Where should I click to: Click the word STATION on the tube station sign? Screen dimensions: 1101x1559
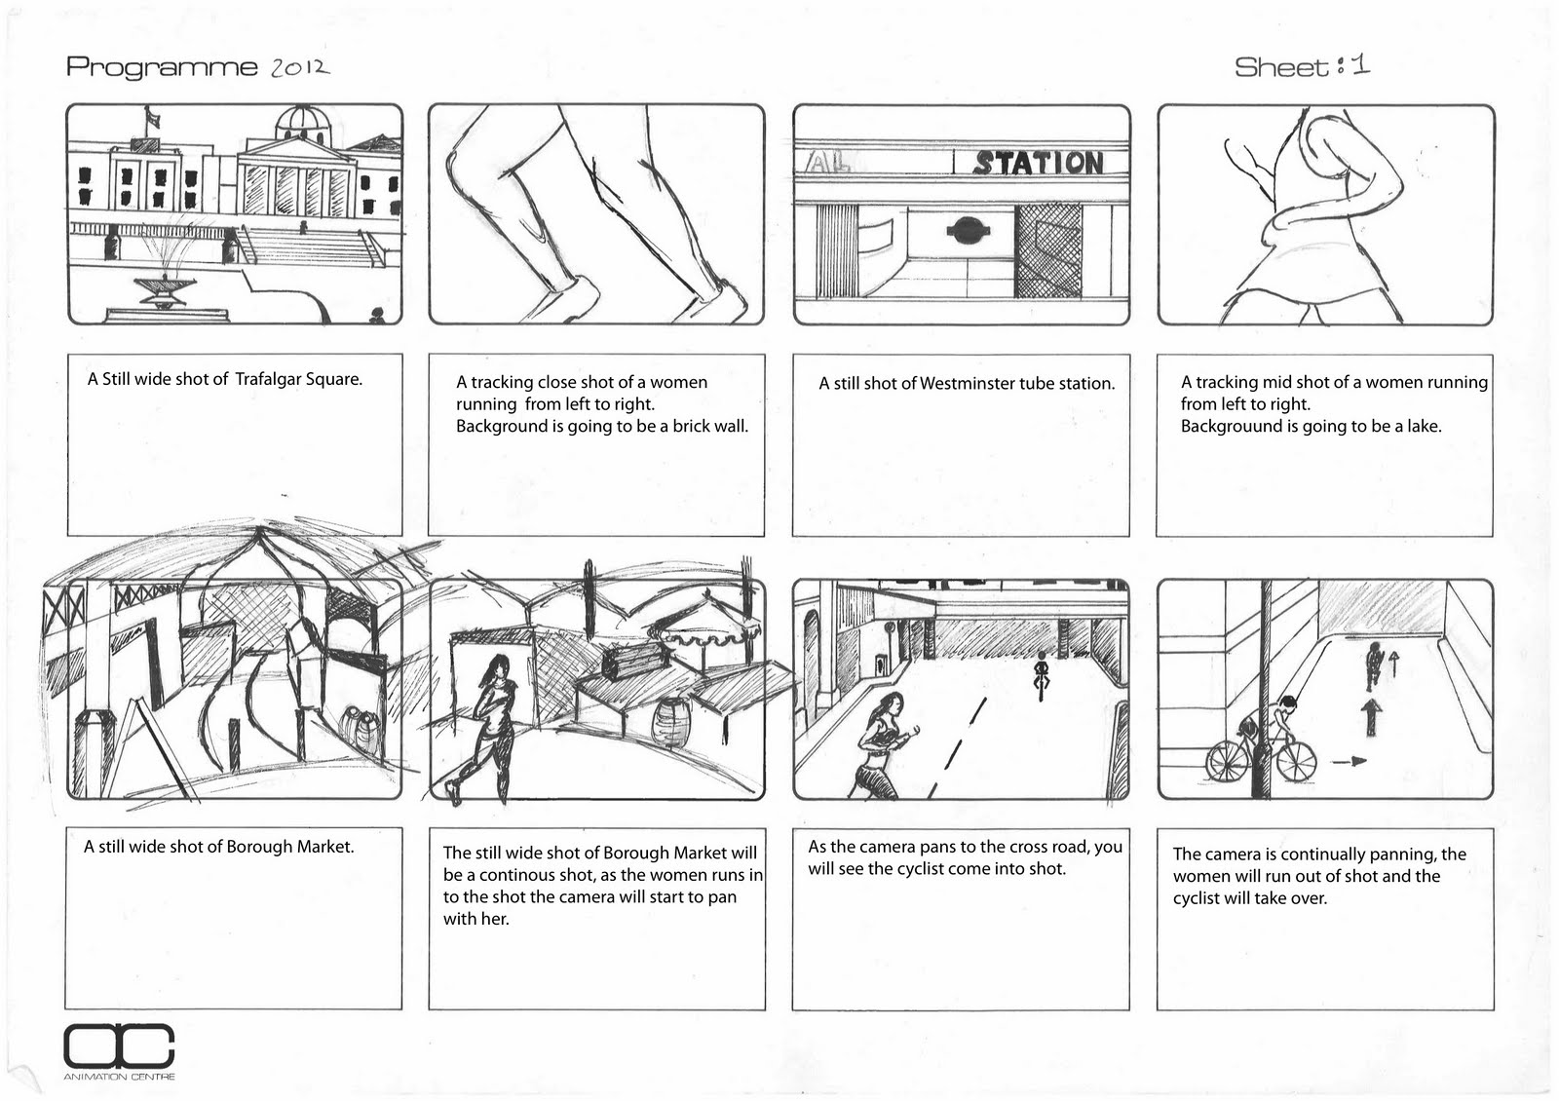1039,163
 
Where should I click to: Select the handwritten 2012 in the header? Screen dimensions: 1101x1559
299,66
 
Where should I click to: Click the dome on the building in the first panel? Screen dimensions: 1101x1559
304,122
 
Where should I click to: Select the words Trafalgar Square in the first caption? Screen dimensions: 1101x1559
298,379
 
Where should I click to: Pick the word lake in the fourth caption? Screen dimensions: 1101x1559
1424,426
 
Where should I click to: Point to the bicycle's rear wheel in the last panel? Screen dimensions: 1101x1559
1228,761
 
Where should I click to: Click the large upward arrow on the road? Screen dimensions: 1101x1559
1372,716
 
